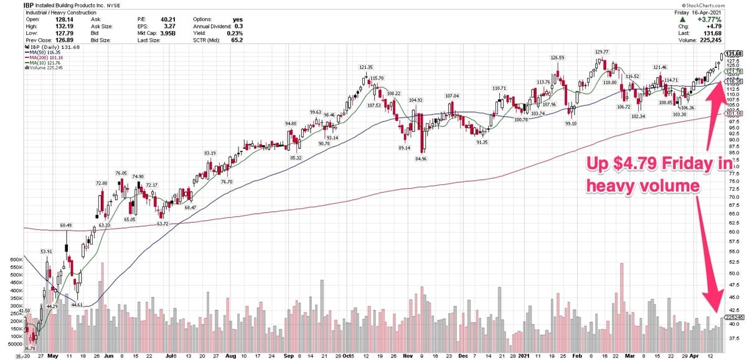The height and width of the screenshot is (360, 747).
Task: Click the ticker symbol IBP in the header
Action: coord(31,6)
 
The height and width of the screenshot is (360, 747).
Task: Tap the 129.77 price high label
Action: coord(601,52)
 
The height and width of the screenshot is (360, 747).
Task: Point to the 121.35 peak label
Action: coord(365,67)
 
